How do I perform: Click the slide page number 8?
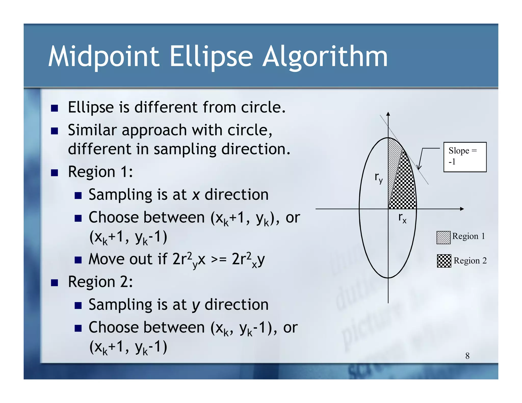click(x=467, y=356)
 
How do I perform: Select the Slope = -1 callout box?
click(x=465, y=157)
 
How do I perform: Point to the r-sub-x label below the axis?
click(x=402, y=218)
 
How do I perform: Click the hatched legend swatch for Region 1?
click(x=443, y=237)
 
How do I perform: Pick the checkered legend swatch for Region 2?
click(x=444, y=261)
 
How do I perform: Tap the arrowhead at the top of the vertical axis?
click(x=388, y=114)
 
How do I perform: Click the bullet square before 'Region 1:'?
click(x=54, y=173)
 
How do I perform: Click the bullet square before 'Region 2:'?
click(x=54, y=283)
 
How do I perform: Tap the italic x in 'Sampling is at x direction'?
click(x=195, y=195)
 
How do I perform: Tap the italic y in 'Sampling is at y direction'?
click(x=195, y=305)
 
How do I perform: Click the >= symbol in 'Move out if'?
click(x=218, y=260)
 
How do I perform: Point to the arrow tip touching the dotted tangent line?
click(x=418, y=169)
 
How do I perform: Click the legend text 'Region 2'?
click(x=470, y=261)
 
